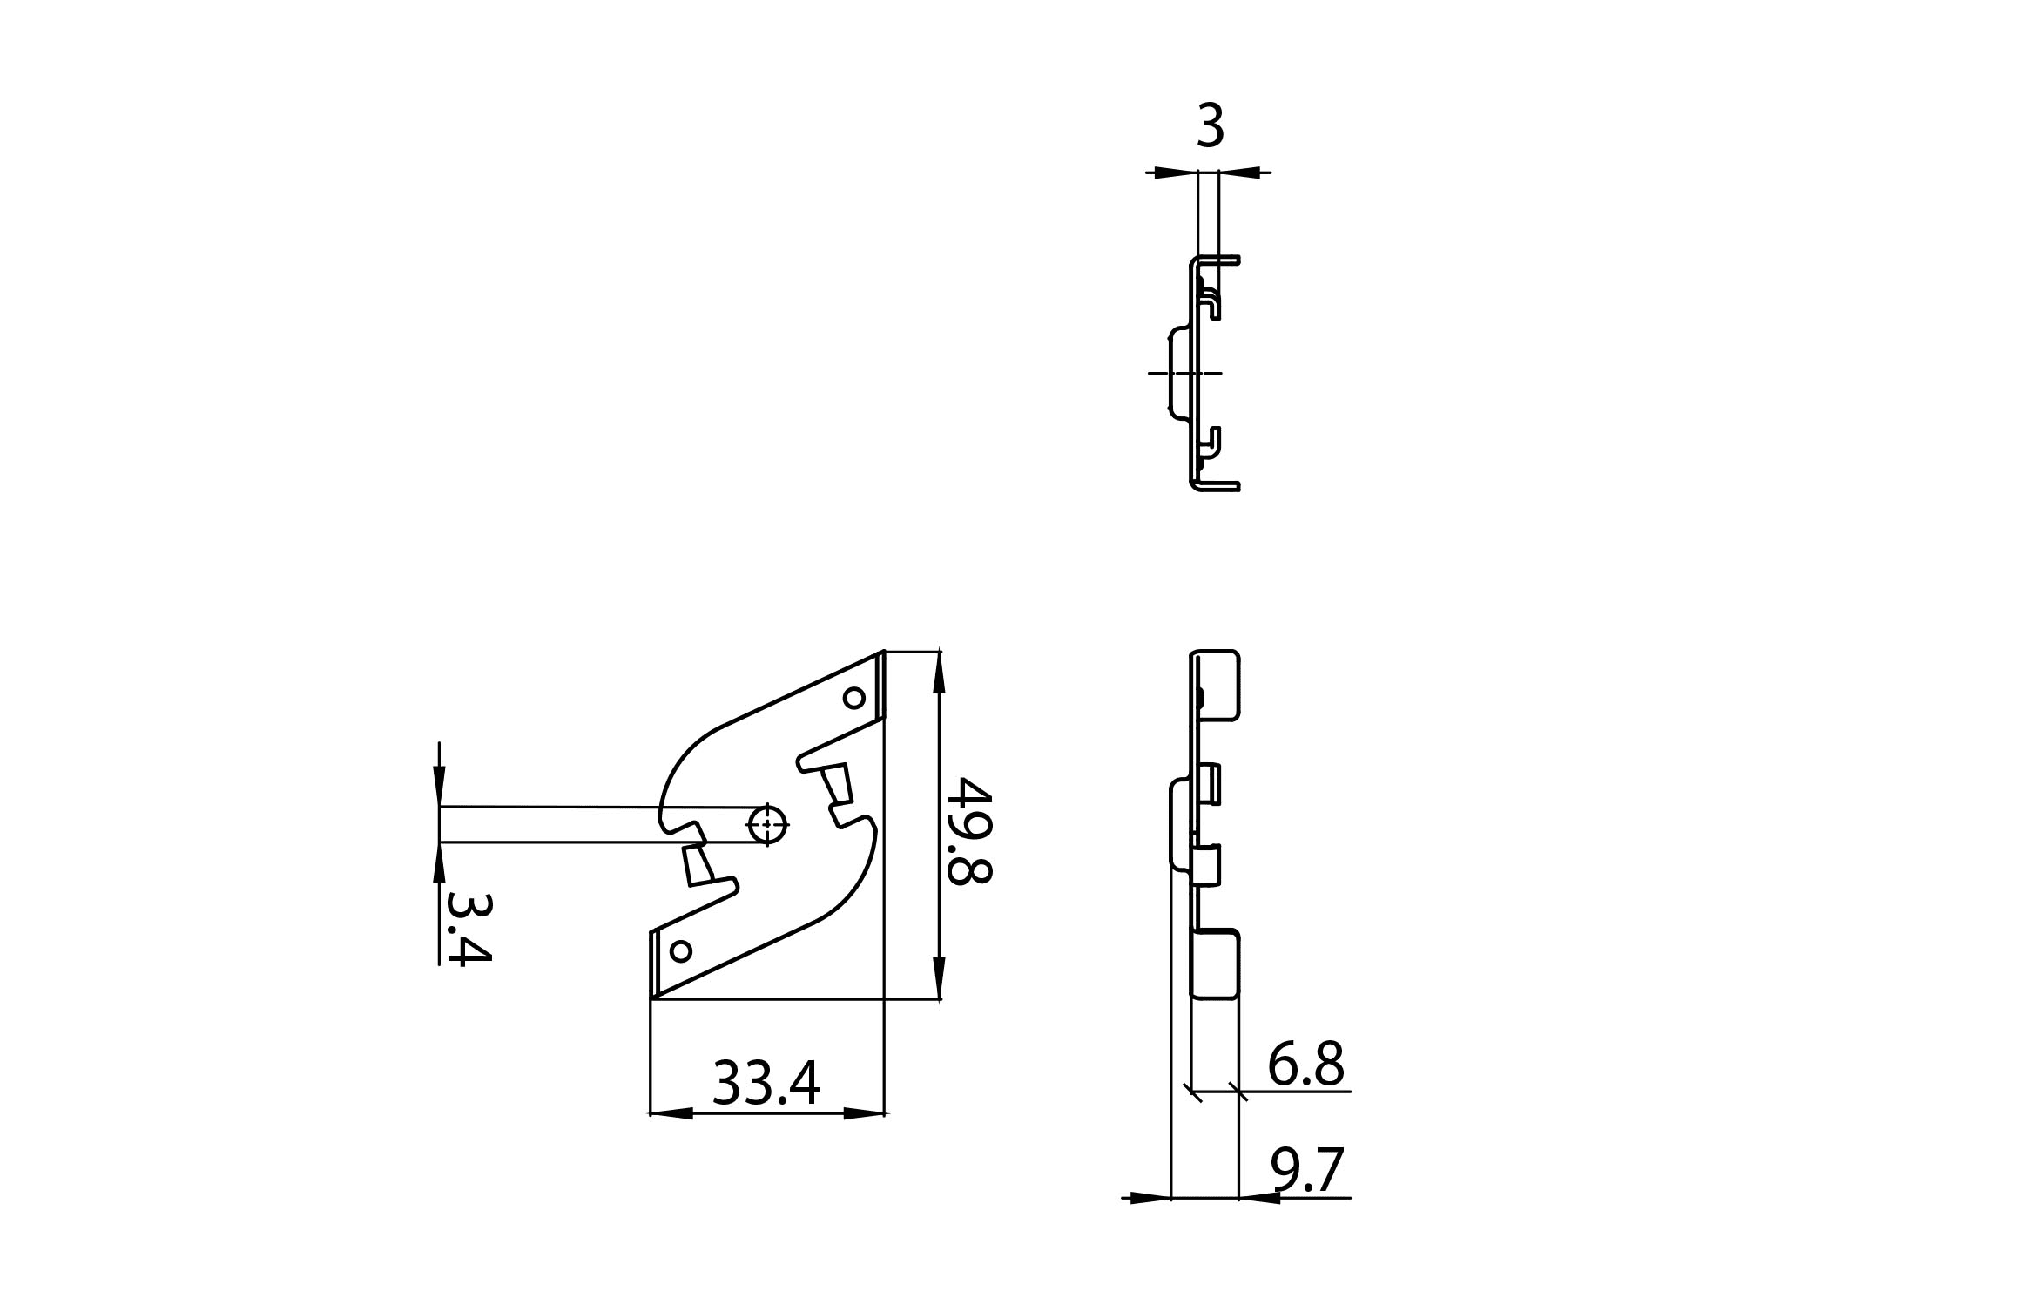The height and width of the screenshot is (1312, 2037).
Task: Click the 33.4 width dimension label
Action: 766,1083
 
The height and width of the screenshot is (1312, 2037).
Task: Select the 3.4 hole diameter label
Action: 469,928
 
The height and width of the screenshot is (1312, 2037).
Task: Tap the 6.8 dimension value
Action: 1305,1064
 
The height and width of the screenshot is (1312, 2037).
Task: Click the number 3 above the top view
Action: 1211,125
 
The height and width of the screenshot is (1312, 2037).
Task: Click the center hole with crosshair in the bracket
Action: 766,824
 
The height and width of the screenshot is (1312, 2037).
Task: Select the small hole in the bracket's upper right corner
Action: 853,698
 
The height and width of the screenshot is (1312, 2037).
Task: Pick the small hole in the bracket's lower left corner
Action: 681,951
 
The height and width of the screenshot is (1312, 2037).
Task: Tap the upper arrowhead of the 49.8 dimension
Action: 939,672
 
